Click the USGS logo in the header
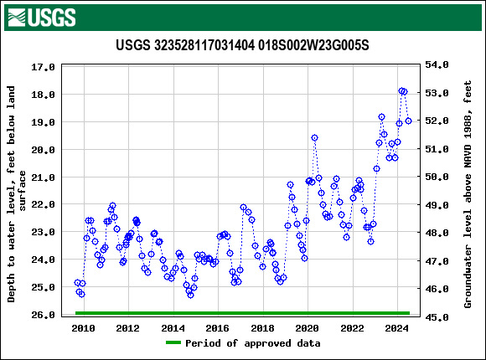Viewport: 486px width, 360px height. [40, 16]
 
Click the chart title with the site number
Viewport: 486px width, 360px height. [242, 44]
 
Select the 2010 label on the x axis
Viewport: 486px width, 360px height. [83, 328]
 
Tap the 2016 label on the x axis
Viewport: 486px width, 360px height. [218, 328]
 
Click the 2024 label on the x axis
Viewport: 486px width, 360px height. [397, 328]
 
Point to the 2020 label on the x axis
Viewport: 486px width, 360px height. [308, 328]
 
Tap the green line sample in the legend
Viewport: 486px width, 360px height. [173, 343]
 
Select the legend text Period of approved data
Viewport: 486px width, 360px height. [252, 343]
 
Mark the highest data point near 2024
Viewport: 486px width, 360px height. [402, 90]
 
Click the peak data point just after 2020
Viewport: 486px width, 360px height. [314, 137]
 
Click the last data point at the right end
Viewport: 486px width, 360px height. [408, 121]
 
